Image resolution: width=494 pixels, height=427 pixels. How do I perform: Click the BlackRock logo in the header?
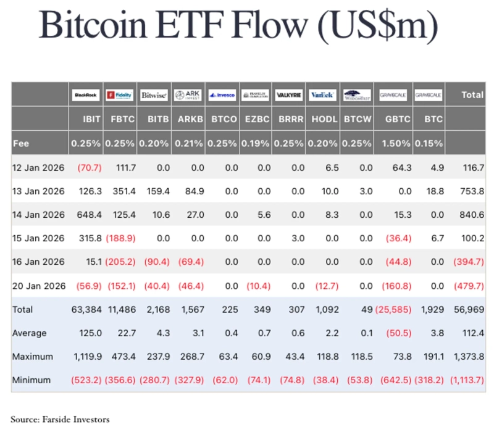coord(86,95)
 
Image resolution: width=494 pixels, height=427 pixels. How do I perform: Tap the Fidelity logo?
coord(120,95)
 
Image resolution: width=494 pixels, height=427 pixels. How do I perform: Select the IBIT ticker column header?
coord(86,119)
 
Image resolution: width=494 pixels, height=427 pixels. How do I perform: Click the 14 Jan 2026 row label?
coord(38,215)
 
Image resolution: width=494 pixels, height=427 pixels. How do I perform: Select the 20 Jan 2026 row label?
coord(38,286)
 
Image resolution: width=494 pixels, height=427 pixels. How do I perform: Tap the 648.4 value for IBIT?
coord(86,215)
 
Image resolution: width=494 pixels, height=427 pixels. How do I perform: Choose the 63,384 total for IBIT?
coord(86,309)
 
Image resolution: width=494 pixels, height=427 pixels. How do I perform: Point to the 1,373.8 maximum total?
coord(466,357)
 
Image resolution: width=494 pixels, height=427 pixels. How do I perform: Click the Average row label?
coord(30,333)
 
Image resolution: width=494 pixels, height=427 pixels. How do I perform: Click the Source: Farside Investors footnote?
coord(60,419)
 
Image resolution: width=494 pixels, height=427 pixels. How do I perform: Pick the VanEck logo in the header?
coord(322,95)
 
